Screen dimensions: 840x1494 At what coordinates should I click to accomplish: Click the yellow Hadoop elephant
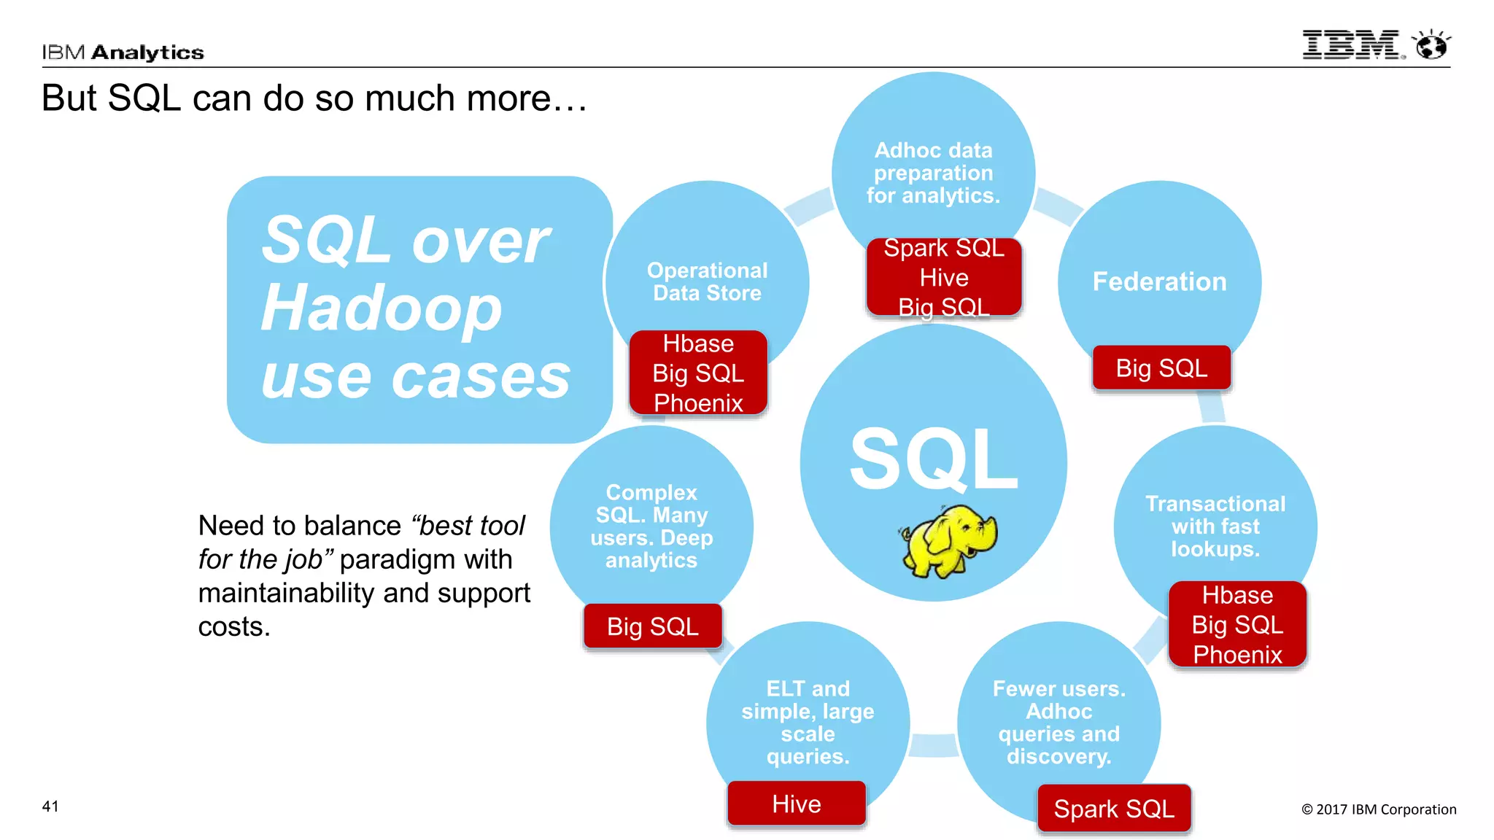(x=948, y=540)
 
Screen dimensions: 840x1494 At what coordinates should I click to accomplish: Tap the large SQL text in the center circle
(x=933, y=460)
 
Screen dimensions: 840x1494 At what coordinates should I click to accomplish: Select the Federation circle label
(x=1159, y=282)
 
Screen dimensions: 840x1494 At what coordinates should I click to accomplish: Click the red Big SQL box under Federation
(x=1161, y=368)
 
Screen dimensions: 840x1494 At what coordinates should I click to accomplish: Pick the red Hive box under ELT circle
(x=797, y=804)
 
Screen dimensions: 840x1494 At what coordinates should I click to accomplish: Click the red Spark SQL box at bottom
(x=1114, y=809)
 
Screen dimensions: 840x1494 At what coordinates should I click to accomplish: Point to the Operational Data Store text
(x=707, y=281)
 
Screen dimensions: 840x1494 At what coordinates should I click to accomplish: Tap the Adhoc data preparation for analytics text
(x=933, y=173)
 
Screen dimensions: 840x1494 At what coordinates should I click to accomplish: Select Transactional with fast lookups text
(x=1215, y=526)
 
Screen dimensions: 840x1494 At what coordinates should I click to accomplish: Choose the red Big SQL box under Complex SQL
(x=653, y=626)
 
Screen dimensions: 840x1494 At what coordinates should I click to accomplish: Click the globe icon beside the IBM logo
(x=1431, y=46)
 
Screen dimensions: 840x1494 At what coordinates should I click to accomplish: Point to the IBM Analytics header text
(x=123, y=52)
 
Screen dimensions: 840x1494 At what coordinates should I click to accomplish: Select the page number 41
(x=50, y=806)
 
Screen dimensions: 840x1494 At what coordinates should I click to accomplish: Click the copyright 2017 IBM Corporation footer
(x=1379, y=809)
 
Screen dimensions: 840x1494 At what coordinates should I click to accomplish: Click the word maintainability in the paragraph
(x=286, y=594)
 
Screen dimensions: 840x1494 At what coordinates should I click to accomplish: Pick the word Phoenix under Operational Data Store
(x=698, y=403)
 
